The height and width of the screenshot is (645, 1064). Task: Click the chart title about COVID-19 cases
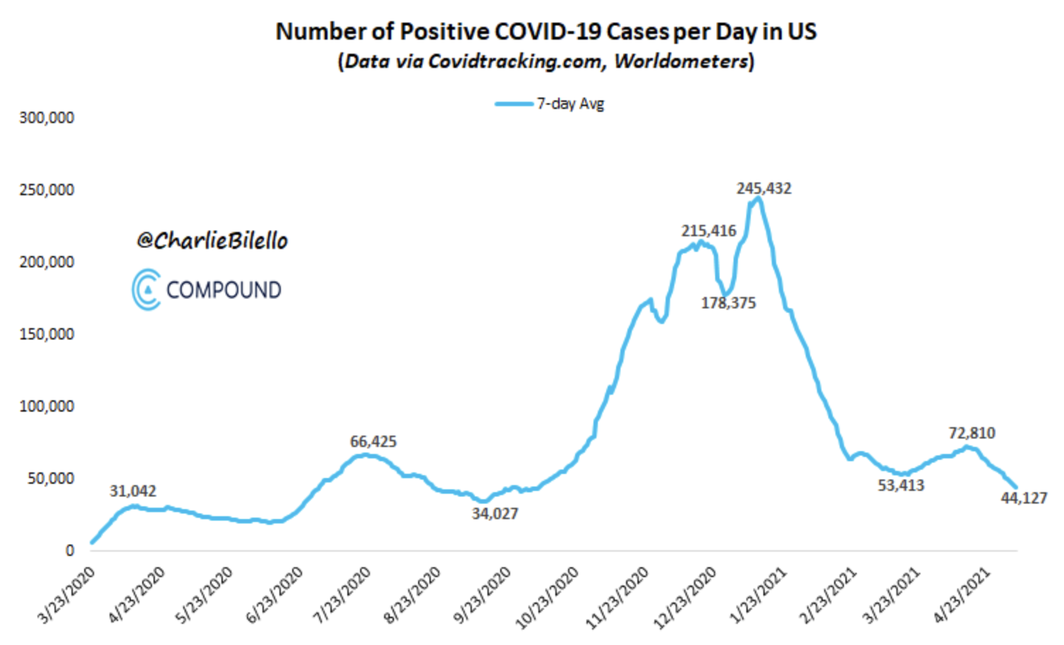tap(545, 32)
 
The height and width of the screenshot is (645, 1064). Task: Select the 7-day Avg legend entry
tap(550, 104)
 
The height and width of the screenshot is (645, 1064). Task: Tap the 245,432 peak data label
tap(763, 189)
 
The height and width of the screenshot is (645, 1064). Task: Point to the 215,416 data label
tap(708, 231)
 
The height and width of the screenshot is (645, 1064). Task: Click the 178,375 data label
tap(728, 303)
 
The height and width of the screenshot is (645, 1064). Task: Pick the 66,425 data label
tap(373, 442)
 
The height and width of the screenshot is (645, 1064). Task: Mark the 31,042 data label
tap(133, 492)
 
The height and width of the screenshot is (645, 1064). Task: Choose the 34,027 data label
tap(495, 514)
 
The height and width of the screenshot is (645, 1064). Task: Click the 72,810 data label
tap(971, 433)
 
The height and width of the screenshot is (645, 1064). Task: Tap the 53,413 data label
tap(901, 486)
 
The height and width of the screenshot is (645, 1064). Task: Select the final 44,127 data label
tap(1023, 499)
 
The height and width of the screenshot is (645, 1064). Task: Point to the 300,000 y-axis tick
tap(47, 118)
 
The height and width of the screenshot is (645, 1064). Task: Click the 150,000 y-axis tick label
tap(47, 335)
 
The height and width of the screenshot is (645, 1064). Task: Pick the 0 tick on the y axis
tap(69, 551)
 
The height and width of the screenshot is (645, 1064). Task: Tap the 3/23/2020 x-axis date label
tap(66, 595)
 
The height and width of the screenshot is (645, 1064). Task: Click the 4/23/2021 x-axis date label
tap(962, 595)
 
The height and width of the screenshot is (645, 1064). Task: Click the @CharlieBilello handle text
tap(212, 241)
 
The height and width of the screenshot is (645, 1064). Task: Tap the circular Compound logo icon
tap(146, 290)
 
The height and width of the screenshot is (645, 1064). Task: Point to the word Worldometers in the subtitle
tap(681, 62)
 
